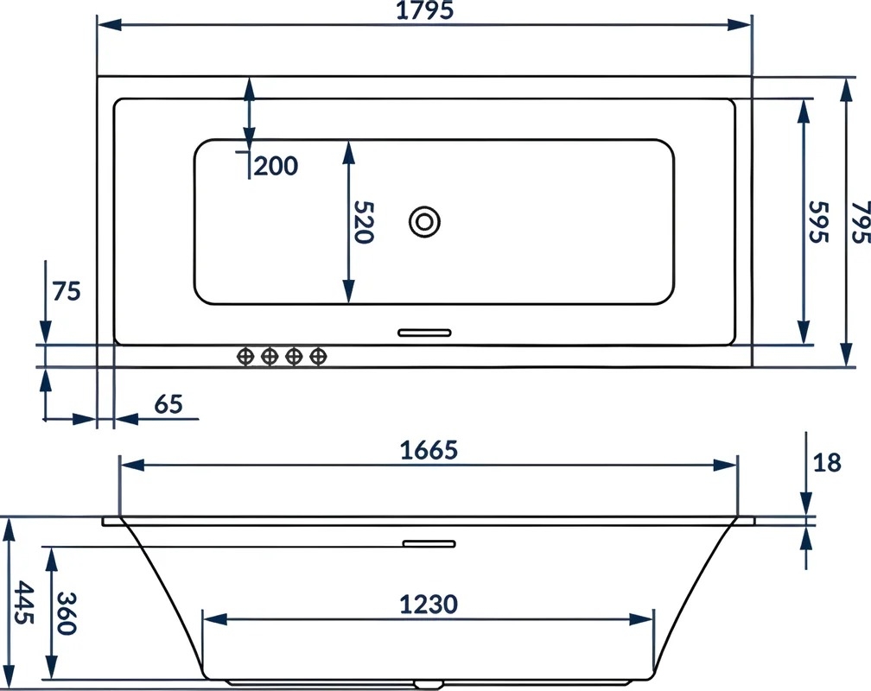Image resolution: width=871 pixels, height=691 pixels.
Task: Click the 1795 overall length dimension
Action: tap(424, 10)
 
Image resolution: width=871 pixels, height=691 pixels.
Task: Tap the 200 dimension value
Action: tap(277, 166)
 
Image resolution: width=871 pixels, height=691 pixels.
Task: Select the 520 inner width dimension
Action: tap(364, 222)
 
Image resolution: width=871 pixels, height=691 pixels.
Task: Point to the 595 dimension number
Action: tap(819, 222)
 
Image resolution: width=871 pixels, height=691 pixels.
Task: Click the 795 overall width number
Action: tap(861, 222)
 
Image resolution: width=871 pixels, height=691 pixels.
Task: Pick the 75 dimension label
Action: tap(67, 291)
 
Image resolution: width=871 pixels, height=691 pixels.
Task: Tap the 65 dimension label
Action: tap(168, 404)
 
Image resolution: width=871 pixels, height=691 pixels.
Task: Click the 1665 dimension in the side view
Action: tap(429, 450)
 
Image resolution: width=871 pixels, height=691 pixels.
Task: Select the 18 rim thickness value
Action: tap(827, 462)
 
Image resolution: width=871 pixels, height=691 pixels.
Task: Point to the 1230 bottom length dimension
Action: tap(429, 605)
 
